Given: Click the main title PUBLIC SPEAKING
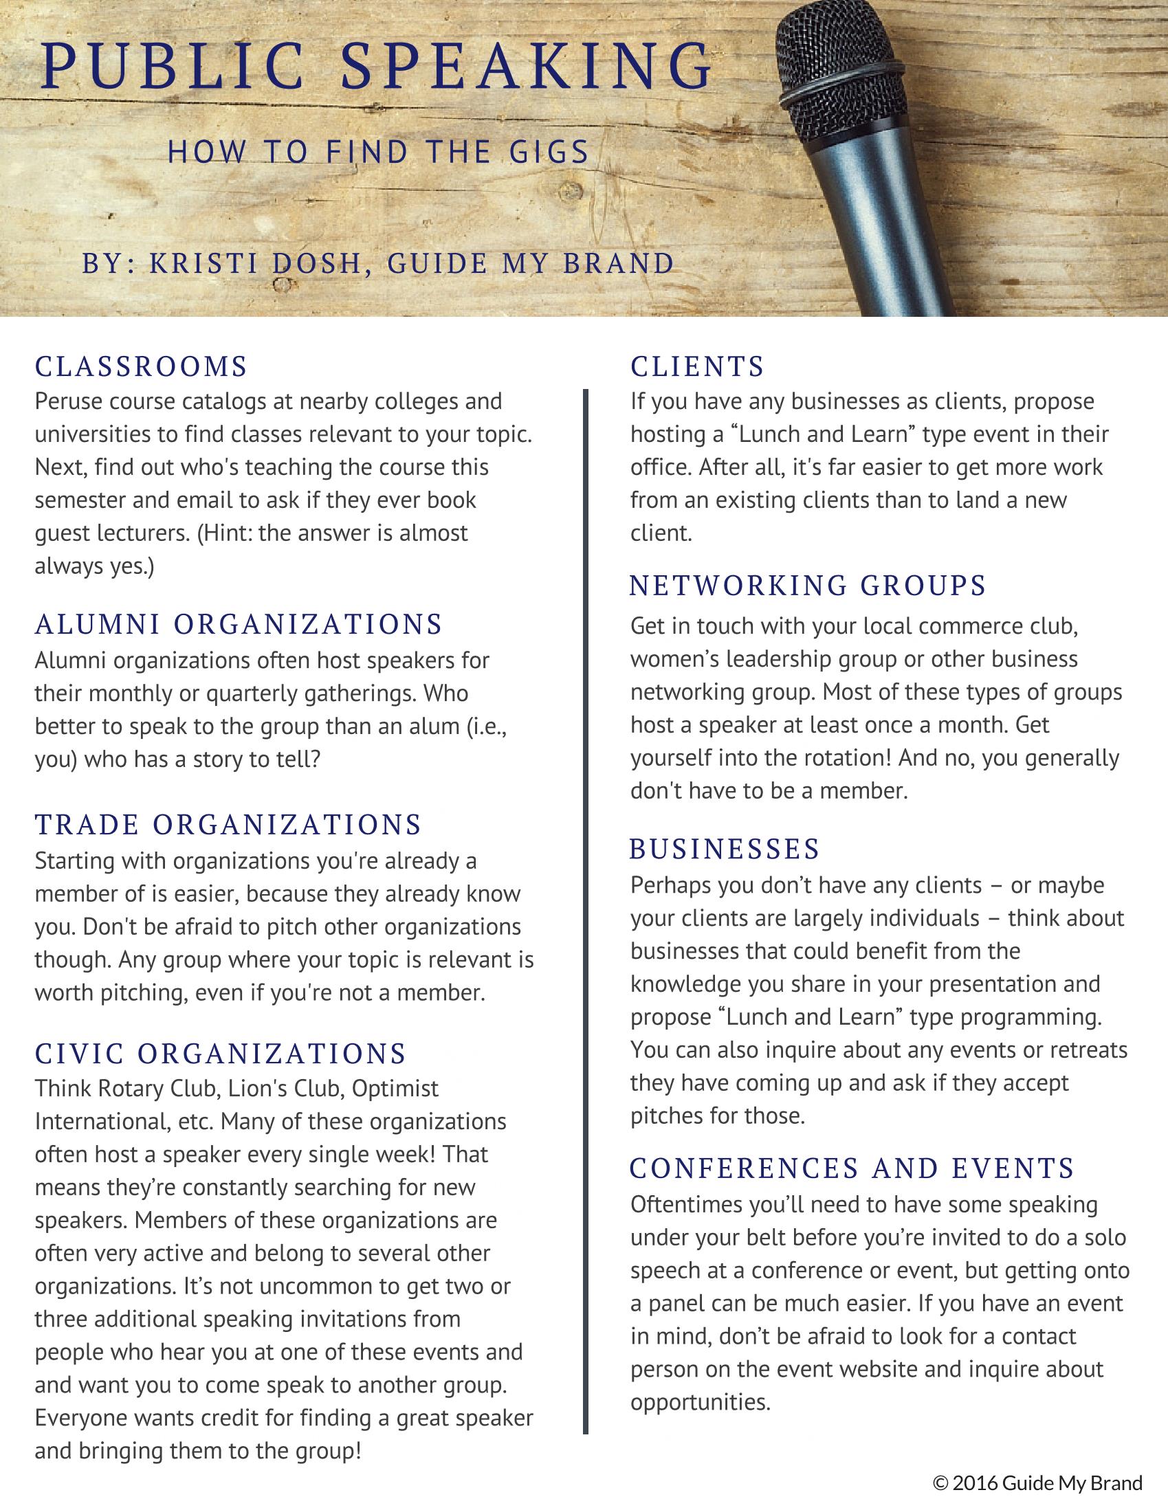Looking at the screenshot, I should click(377, 68).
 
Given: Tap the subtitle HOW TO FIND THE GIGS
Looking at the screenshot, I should click(378, 152).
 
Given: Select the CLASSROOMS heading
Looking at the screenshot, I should click(141, 366).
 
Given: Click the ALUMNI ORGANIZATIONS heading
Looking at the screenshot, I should click(239, 623).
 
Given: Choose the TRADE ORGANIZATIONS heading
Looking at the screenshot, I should click(228, 824).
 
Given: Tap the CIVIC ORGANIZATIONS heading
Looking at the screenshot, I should click(221, 1054).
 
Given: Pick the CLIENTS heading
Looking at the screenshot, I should click(697, 366).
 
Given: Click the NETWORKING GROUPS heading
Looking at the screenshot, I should click(808, 586).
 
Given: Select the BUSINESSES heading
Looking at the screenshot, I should click(724, 848).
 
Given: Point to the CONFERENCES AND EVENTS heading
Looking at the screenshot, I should click(852, 1168).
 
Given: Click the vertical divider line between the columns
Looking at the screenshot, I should click(585, 899).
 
